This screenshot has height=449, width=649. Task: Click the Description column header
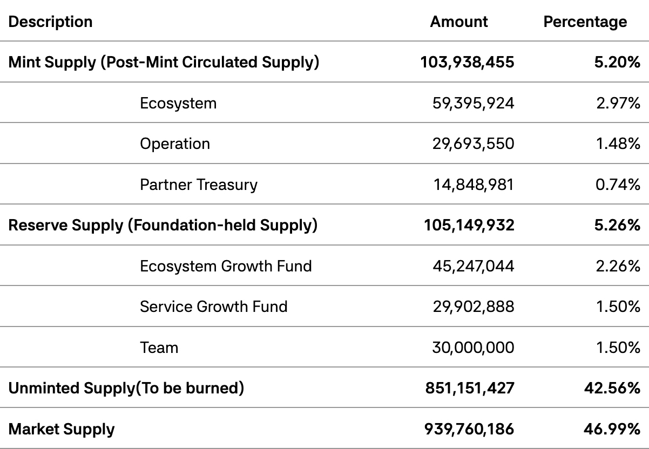[x=51, y=22]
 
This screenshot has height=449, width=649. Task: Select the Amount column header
[x=458, y=22]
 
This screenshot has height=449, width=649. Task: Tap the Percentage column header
[x=585, y=22]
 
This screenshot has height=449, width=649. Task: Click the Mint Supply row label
[x=164, y=62]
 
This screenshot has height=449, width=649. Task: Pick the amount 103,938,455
[x=467, y=62]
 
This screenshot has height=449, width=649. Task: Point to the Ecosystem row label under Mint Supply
[x=178, y=103]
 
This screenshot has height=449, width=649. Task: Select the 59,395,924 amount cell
[x=473, y=103]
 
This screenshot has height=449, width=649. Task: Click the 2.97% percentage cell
[x=618, y=103]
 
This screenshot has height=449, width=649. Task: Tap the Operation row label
[x=175, y=144]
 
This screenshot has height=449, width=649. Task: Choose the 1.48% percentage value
[x=618, y=144]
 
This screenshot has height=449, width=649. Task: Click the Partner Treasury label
[x=199, y=185]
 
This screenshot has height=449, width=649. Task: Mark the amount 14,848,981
[x=474, y=185]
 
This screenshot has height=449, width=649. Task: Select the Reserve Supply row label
[x=163, y=225]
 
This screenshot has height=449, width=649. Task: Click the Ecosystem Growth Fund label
[x=226, y=266]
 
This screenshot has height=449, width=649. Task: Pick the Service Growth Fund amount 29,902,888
[x=473, y=307]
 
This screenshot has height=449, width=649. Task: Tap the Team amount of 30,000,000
[x=473, y=348]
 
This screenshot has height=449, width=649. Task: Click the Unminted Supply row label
[x=126, y=388]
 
